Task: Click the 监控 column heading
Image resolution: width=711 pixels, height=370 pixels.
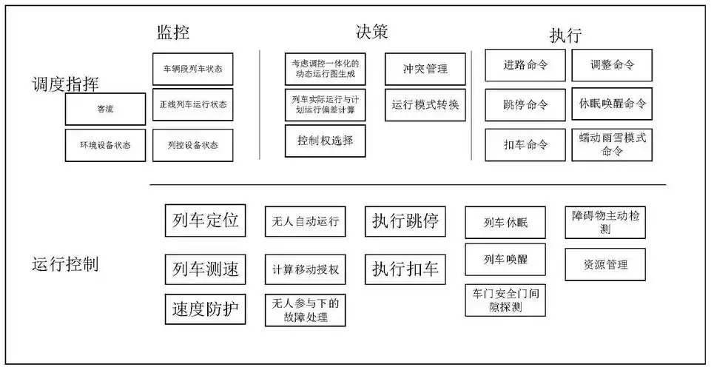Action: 173,33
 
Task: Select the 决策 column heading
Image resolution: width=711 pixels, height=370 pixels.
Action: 372,31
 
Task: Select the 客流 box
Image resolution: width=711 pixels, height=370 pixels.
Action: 105,109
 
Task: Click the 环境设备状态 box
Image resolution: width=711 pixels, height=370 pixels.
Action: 105,145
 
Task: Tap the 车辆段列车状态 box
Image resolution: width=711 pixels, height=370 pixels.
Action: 192,69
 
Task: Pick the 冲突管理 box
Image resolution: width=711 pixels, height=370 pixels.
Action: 425,69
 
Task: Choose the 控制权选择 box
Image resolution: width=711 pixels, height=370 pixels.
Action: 325,141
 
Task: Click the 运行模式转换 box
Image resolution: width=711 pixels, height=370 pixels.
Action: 425,104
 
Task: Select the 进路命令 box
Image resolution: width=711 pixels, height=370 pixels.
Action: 525,65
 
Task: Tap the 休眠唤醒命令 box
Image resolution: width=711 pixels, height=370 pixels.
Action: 612,104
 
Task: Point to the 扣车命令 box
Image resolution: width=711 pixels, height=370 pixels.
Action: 525,145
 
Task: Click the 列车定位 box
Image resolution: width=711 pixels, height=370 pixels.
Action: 206,221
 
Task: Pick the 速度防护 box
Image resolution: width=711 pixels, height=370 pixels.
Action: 206,309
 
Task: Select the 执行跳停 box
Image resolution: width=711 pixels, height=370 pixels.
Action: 405,221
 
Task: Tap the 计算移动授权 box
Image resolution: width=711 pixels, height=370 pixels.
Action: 305,269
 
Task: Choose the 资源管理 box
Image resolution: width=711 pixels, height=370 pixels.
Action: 606,264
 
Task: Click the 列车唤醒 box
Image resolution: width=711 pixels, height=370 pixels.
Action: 505,260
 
